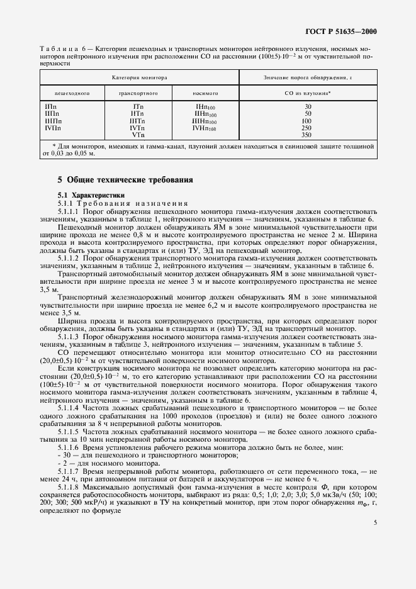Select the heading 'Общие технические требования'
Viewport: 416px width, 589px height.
click(126, 180)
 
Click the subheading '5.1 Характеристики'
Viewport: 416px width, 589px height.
click(92, 195)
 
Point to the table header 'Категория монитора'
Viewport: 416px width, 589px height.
click(139, 77)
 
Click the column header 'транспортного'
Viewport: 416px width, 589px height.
click(138, 93)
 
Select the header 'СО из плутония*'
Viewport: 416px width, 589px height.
click(307, 93)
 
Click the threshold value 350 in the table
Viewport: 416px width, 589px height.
click(306, 135)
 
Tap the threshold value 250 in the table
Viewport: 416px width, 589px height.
click(306, 128)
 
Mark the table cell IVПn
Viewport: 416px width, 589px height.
click(53, 128)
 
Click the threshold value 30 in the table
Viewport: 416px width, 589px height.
click(307, 106)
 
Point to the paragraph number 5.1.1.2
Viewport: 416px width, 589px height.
click(68, 258)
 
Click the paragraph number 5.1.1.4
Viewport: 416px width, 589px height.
click(68, 390)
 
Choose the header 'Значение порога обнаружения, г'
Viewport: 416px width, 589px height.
click(307, 77)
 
